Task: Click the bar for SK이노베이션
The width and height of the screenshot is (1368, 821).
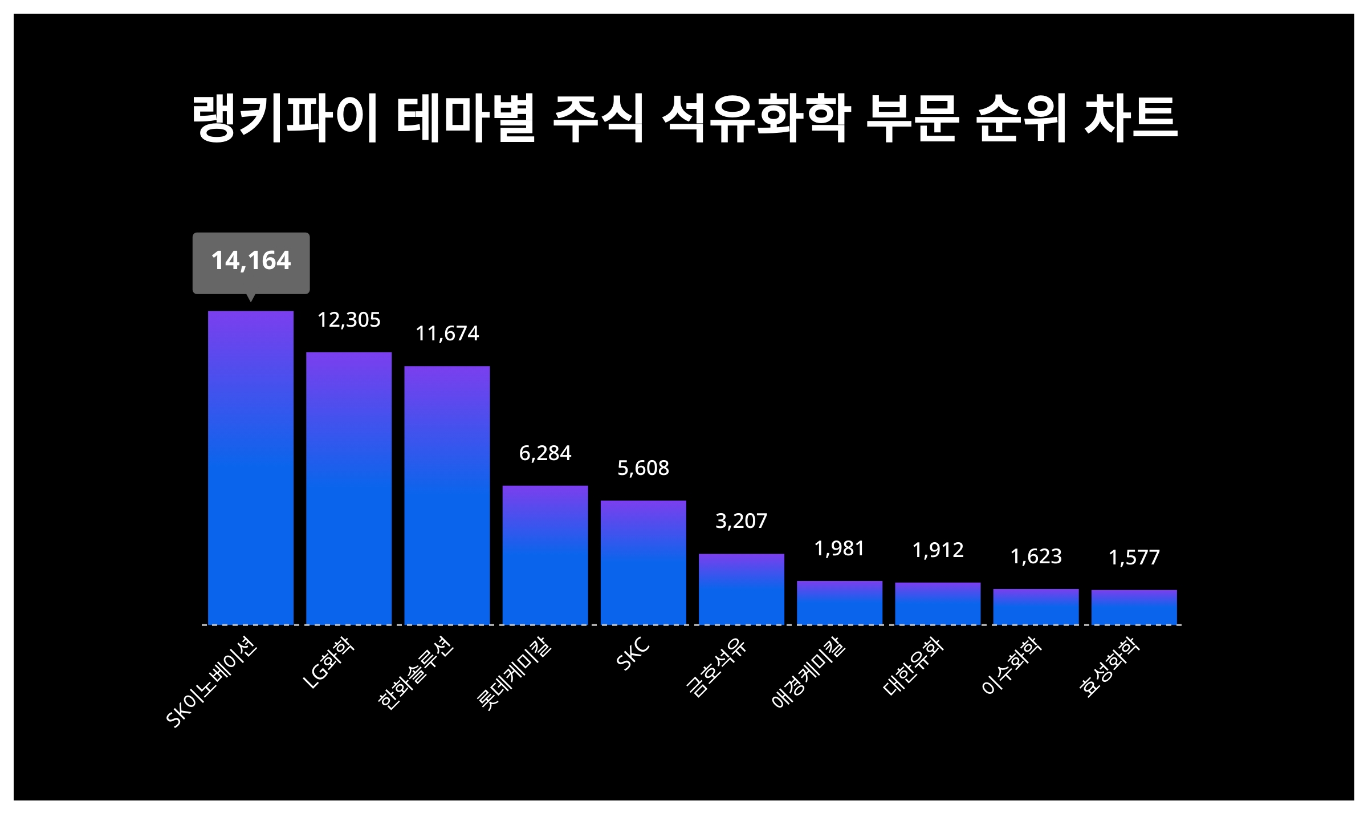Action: point(251,468)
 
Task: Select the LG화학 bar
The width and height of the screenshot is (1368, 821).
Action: point(349,488)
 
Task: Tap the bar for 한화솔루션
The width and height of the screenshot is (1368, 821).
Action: point(447,495)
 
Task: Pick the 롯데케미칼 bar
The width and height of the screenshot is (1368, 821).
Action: point(545,555)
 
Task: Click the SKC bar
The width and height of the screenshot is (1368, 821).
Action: point(644,562)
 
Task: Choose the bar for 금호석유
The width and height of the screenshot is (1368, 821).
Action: point(742,589)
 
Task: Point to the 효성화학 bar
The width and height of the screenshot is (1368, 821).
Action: point(1134,607)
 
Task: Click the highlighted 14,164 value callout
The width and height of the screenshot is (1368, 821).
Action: point(251,261)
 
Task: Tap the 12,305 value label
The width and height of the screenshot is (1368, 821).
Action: point(349,320)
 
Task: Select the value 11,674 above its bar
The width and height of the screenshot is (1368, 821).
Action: point(447,334)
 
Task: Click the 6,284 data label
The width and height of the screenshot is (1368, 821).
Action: point(545,453)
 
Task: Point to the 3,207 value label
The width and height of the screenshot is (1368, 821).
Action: point(742,521)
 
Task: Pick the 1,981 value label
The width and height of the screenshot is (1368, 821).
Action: point(840,548)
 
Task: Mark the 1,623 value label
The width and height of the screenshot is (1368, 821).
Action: point(1036,556)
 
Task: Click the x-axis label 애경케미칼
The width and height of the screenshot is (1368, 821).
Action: point(808,673)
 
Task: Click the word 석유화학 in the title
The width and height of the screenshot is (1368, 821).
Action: point(756,119)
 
